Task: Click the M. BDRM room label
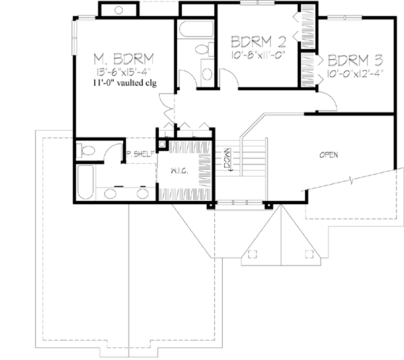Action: coord(123,59)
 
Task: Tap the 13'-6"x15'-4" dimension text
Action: coord(123,72)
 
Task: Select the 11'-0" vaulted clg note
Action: coord(125,83)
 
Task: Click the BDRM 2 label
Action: coord(259,42)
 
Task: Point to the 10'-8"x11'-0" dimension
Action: coord(258,55)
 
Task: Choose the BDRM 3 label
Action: coord(356,60)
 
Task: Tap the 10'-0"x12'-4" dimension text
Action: coord(355,73)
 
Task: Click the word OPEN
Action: coord(329,155)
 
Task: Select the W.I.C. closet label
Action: coord(180,171)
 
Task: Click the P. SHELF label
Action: coord(141,154)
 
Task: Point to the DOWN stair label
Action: coord(228,159)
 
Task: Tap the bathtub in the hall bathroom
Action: coord(196,29)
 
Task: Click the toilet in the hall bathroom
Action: coord(205,49)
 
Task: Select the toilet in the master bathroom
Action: coord(86,150)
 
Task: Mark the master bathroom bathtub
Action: coord(86,182)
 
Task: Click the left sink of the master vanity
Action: coord(110,193)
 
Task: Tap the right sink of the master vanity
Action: coord(143,193)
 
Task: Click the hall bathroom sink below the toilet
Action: coord(207,74)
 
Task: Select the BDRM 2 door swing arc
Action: coord(231,73)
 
